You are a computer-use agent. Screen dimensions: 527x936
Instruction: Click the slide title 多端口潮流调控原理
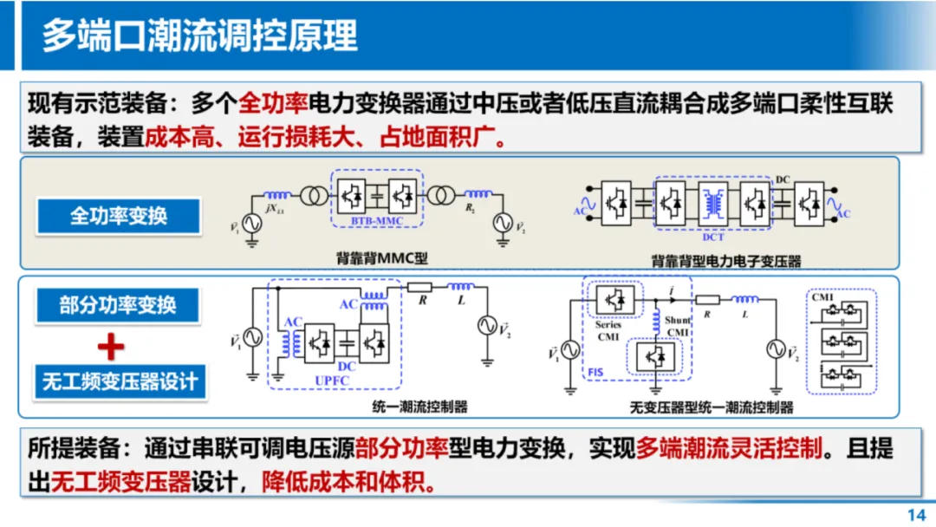[200, 36]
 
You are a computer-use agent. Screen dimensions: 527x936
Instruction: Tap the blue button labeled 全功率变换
[119, 216]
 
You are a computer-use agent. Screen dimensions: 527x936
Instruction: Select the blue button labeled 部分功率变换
[119, 305]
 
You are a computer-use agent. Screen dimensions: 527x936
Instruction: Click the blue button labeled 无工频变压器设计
[120, 381]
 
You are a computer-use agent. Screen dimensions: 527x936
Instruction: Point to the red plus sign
[111, 347]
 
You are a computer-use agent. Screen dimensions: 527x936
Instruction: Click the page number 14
[916, 514]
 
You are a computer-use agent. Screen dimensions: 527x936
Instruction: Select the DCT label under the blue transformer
[713, 235]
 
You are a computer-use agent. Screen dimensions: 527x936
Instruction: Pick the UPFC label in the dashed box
[335, 381]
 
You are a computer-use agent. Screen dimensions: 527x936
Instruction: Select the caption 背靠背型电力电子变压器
[725, 260]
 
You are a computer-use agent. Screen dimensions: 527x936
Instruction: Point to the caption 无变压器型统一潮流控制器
[712, 407]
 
